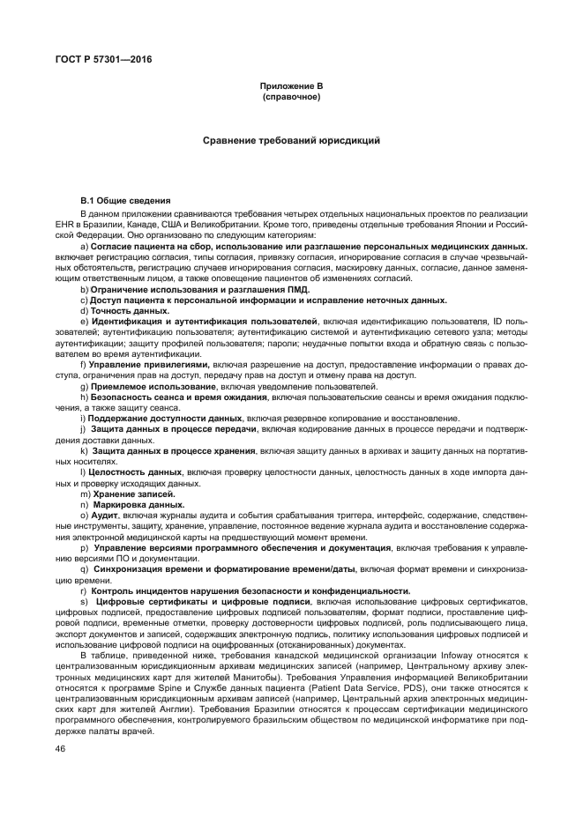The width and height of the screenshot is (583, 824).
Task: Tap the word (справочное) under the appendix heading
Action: point(291,95)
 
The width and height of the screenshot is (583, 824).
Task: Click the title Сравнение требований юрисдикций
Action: point(291,140)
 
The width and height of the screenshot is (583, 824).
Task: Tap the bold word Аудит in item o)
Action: point(103,515)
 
